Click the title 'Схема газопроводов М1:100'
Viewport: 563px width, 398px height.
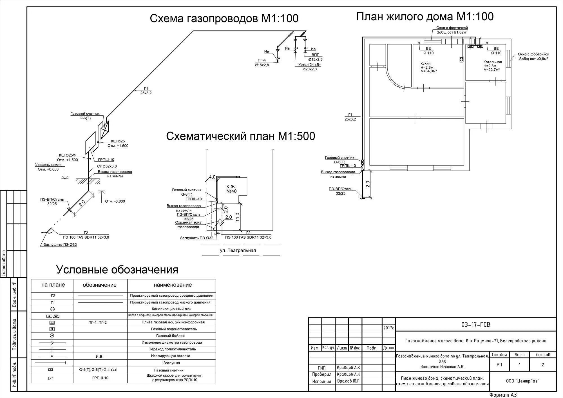(224, 19)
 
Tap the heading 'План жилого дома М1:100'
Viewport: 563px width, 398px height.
(425, 17)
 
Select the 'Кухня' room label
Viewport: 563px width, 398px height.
(425, 64)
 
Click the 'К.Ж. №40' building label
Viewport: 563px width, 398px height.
(231, 189)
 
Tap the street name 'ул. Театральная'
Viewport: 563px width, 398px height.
(238, 251)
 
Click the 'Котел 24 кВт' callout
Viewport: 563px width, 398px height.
(310, 65)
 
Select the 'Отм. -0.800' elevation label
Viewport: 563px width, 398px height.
(115, 201)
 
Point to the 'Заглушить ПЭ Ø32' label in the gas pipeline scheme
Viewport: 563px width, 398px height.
(60, 245)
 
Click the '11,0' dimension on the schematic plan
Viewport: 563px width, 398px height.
(238, 217)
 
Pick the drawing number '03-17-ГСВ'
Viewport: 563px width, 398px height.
(476, 325)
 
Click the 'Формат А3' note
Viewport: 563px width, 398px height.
(503, 395)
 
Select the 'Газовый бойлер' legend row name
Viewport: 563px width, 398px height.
(172, 336)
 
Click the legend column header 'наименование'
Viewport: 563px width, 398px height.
(173, 285)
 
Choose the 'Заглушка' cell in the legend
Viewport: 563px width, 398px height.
(172, 363)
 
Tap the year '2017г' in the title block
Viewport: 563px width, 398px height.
(389, 328)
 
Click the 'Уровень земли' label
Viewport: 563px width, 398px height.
(48, 165)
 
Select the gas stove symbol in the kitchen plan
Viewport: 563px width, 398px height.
(461, 60)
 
